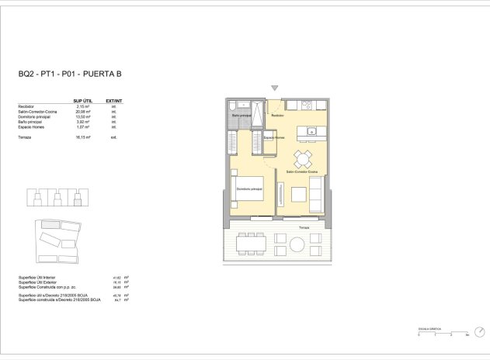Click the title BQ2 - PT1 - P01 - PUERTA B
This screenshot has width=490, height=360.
pos(70,75)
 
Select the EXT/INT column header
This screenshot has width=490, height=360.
pos(114,101)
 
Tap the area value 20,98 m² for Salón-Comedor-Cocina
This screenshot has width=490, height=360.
pos(84,111)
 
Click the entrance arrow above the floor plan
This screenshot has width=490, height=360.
pos(273,88)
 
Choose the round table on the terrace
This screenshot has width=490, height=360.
pos(298,245)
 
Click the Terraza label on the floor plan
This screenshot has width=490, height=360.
pos(303,227)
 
